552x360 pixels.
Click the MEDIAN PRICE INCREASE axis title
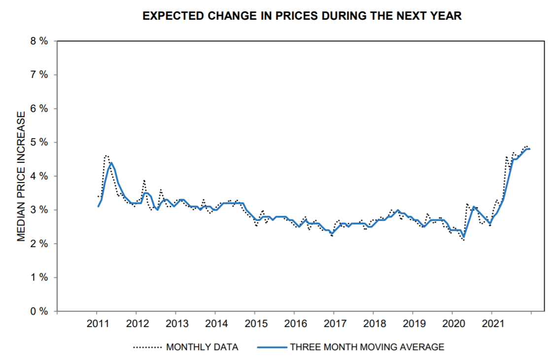[x=21, y=176]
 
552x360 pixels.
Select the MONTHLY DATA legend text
[x=202, y=347]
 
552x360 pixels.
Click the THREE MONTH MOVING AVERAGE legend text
[x=367, y=347]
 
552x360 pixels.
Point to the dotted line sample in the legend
[x=147, y=347]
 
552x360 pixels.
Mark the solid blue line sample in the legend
[x=271, y=347]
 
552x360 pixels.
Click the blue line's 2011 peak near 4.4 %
[x=111, y=163]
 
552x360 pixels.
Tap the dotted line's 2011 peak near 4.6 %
[x=106, y=156]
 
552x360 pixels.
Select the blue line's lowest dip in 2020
[x=464, y=237]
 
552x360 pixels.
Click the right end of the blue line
[x=530, y=149]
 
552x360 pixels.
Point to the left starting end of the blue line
[x=98, y=206]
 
